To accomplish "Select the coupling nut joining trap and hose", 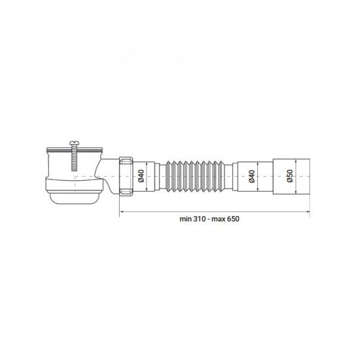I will (127, 176).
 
